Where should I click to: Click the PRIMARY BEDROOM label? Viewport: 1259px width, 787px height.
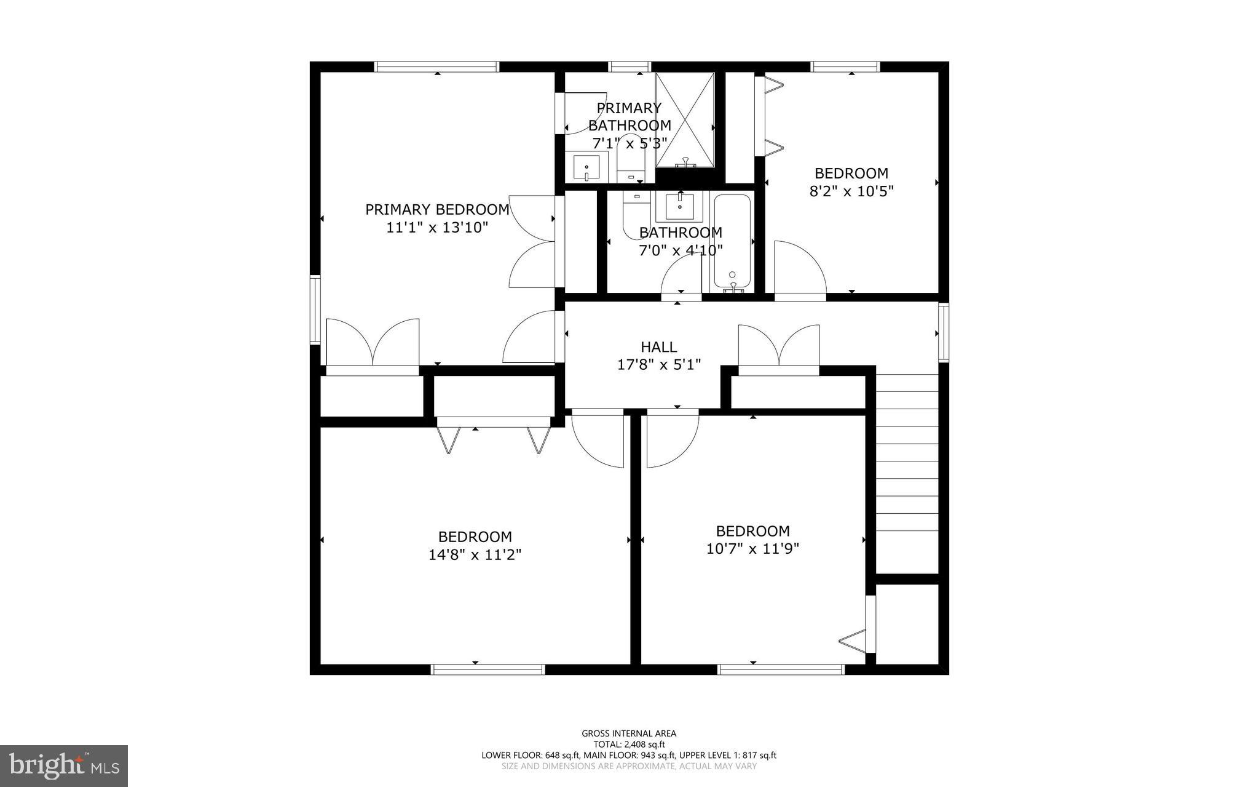(437, 210)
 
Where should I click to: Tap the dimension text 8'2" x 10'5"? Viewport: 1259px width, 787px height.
(851, 191)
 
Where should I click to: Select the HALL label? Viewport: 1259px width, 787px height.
(659, 347)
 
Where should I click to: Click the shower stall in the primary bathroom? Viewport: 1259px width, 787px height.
(685, 120)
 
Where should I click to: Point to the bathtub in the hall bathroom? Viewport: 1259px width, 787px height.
(732, 242)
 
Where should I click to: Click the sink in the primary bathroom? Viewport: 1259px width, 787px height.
(586, 167)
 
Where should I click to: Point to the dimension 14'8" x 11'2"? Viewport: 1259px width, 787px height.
(475, 555)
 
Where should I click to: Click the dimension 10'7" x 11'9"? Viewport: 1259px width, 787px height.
(752, 549)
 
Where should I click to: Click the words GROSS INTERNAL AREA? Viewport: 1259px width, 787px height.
(629, 733)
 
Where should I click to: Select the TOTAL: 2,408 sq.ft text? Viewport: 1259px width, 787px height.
(629, 745)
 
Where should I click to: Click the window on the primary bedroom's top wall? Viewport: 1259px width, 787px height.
(436, 66)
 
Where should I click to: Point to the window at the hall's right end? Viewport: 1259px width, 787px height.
(944, 332)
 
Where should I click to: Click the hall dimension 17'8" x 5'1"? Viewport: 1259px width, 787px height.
(659, 365)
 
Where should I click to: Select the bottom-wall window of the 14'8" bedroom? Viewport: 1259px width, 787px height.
(488, 669)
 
